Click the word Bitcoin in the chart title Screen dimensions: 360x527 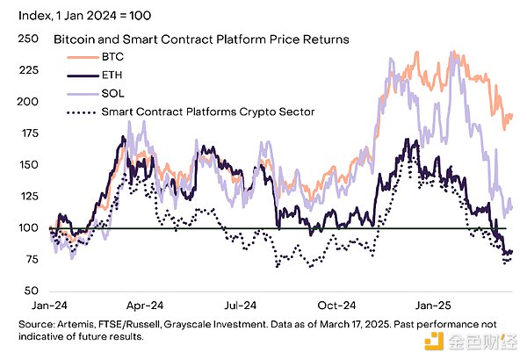pos(75,40)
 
